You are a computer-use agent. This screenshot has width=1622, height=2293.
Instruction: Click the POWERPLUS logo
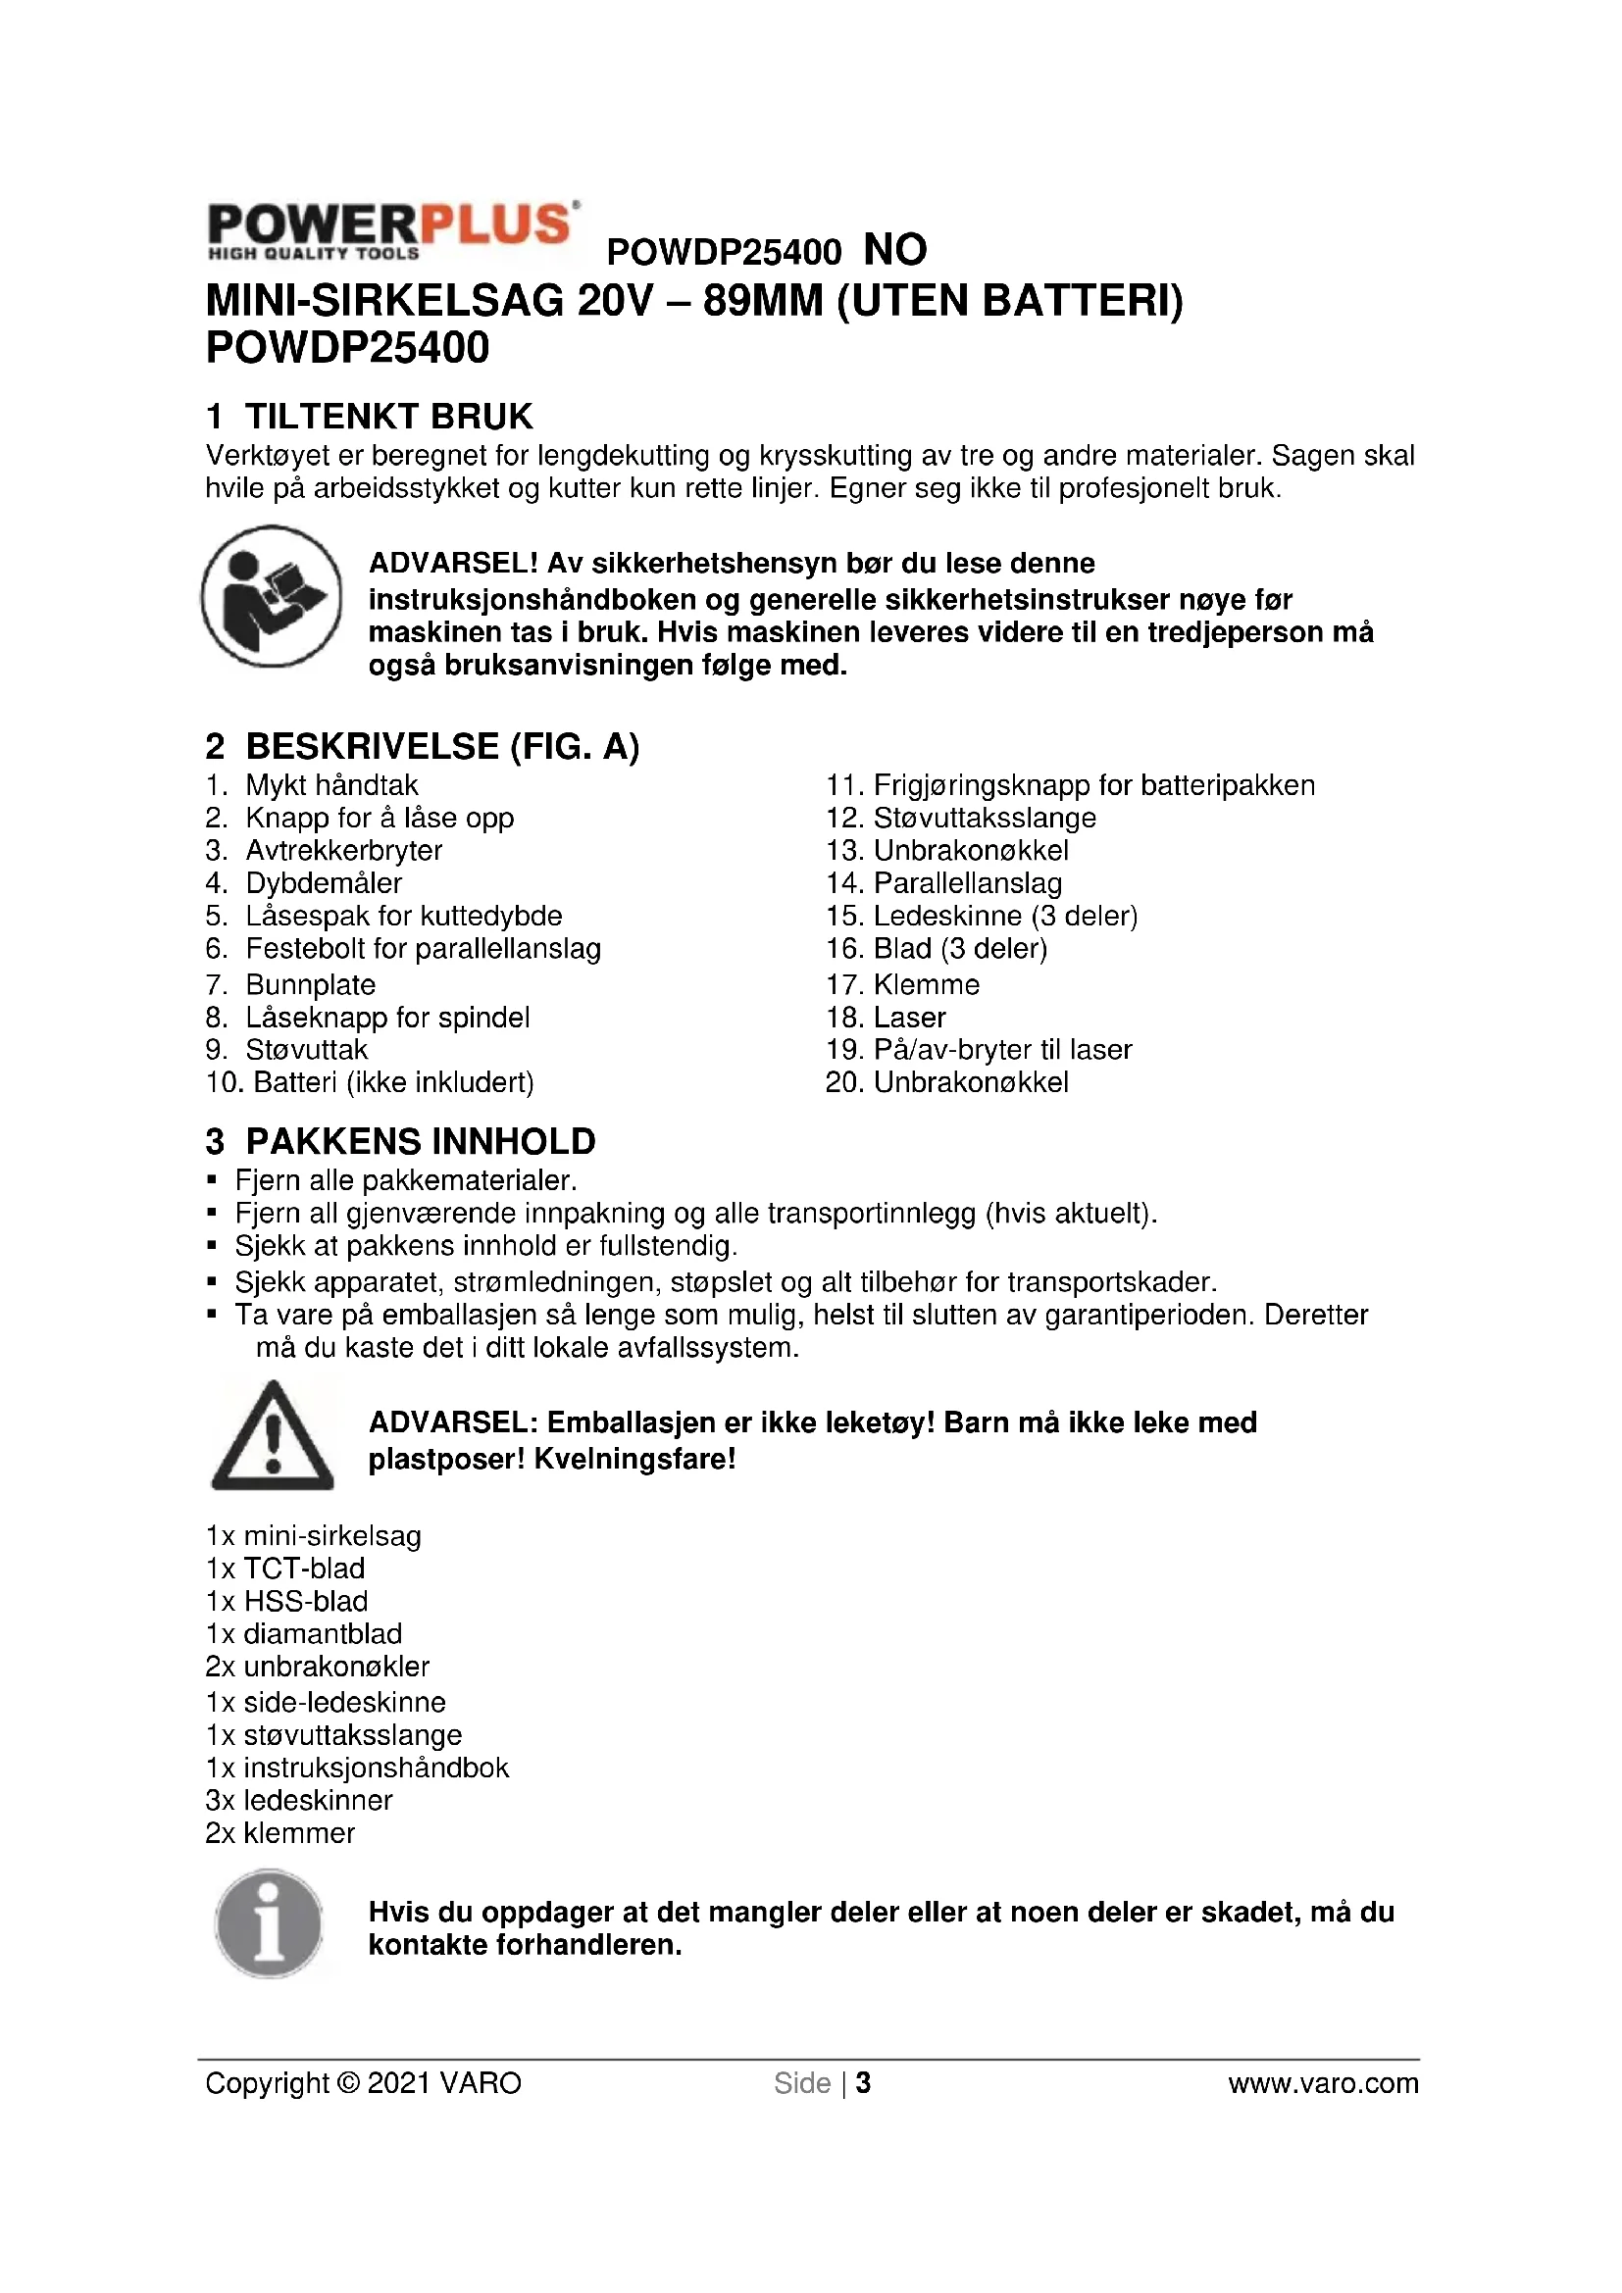point(391,230)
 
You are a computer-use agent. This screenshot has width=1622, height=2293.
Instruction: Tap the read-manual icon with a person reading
point(272,596)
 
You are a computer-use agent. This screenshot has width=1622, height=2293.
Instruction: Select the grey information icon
point(269,1924)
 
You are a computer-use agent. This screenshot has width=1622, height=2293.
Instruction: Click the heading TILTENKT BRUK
point(388,416)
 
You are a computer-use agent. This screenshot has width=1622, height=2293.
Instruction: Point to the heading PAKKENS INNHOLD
point(420,1140)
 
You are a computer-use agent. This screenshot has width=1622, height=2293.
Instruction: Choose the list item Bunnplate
point(310,984)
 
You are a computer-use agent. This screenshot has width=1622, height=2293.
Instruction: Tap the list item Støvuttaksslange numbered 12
point(984,818)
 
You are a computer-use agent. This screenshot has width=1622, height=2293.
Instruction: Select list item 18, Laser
point(909,1018)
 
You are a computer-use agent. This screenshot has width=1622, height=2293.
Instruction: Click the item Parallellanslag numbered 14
point(967,883)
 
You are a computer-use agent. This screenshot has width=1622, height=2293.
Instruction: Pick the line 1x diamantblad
point(304,1634)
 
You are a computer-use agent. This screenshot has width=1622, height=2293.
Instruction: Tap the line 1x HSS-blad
point(286,1601)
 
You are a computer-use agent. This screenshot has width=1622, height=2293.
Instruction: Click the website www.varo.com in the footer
point(1322,2083)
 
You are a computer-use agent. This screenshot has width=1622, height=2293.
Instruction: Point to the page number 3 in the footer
point(863,2083)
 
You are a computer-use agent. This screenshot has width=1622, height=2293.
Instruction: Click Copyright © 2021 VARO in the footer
point(364,2083)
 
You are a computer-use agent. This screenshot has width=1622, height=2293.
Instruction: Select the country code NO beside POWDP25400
point(895,250)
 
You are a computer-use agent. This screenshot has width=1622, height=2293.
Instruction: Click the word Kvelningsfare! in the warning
point(634,1459)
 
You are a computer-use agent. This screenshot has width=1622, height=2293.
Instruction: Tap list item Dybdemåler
point(324,883)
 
